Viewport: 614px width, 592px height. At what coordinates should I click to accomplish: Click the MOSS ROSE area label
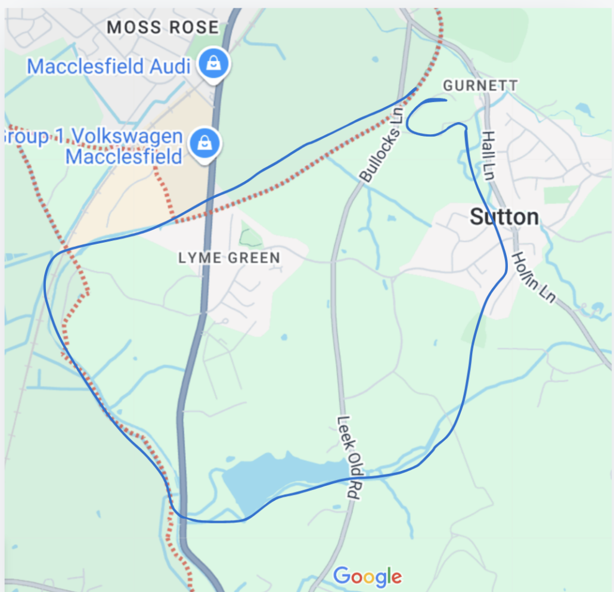163,27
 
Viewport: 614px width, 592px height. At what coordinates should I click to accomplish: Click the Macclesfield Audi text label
108,66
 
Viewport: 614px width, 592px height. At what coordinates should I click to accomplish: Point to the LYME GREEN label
229,258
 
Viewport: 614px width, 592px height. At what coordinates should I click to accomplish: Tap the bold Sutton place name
504,217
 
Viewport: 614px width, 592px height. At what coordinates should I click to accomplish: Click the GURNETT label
480,85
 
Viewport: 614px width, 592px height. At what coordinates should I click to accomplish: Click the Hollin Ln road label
534,278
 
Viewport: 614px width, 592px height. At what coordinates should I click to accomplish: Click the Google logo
367,576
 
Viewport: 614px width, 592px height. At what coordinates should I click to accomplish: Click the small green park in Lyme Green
250,237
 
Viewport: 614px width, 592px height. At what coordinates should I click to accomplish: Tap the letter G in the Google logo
341,576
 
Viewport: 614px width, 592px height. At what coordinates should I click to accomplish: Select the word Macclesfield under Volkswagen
123,157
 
